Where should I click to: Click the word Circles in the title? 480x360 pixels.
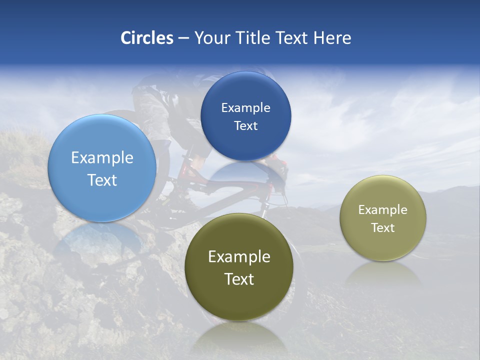pos(146,38)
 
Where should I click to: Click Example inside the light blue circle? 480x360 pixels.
pos(102,158)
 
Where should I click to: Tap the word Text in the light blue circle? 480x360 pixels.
pos(102,180)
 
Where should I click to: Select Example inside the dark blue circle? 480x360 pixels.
pos(245,108)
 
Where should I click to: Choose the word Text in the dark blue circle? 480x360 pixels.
pos(245,126)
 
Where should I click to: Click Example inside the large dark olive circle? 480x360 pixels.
pos(239,257)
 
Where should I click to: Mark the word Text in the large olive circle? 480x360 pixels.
pos(239,279)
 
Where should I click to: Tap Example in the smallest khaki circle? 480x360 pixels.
pos(382,210)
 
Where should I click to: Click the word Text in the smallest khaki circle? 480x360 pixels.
pos(382,228)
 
